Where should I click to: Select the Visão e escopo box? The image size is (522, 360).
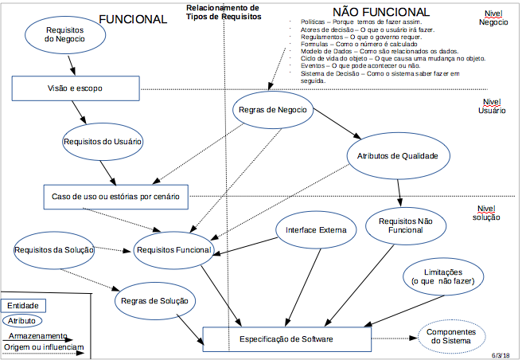tap(76, 88)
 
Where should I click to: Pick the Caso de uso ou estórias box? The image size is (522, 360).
tap(115, 195)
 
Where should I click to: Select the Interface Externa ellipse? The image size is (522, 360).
tap(316, 230)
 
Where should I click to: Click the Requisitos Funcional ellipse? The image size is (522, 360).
tap(174, 249)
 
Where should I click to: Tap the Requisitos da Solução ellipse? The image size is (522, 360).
tap(54, 249)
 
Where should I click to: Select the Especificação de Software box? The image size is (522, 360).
tap(287, 339)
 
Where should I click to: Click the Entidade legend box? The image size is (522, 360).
tap(22, 305)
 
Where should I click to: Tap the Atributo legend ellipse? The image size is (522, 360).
tap(23, 320)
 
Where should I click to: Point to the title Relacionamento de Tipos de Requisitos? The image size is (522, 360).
tap(223, 11)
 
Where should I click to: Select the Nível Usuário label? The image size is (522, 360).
tap(492, 107)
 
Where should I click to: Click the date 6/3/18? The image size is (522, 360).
tap(501, 354)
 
